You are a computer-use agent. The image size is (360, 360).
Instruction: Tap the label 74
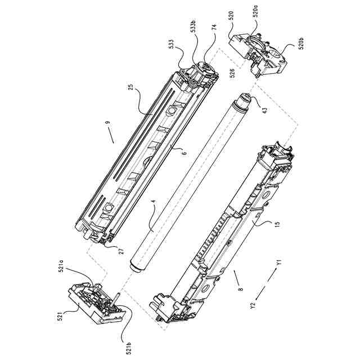214,27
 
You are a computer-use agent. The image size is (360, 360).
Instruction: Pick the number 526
232,72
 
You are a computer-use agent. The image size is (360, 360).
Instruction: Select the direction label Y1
278,263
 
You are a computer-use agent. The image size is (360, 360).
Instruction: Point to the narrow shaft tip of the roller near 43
245,96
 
